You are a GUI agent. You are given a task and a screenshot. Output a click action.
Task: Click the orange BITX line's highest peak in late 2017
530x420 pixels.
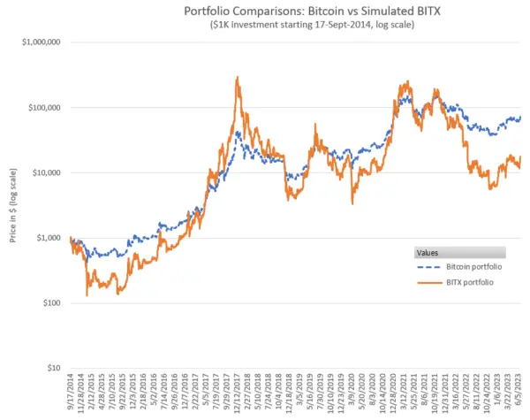click(238, 78)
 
